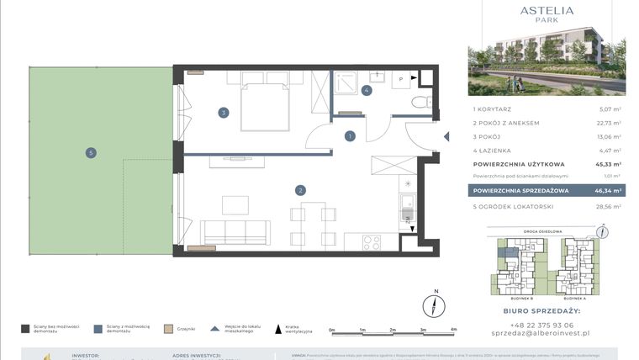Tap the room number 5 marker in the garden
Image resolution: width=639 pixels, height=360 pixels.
[91, 152]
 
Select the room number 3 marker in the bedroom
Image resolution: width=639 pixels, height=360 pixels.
[224, 112]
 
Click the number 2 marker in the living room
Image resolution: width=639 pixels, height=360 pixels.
[300, 190]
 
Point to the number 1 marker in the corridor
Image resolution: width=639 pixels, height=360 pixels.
[349, 135]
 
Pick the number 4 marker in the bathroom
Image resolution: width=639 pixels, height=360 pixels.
[367, 90]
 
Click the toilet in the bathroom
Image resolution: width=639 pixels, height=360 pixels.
[420, 102]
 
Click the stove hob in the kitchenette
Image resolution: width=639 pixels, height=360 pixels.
[372, 242]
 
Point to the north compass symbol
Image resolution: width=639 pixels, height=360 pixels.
[435, 304]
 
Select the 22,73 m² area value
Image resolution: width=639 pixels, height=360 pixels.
[610, 123]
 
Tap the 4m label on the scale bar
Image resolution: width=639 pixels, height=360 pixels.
[453, 330]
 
